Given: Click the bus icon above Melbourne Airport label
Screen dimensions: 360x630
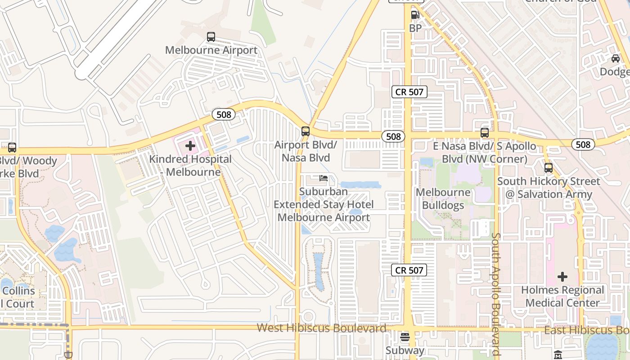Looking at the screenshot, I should click(x=211, y=37).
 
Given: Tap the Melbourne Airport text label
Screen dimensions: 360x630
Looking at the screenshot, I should click(x=211, y=50).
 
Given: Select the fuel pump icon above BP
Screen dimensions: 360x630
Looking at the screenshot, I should click(x=415, y=15).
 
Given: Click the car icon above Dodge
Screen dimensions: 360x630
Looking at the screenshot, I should click(x=615, y=58).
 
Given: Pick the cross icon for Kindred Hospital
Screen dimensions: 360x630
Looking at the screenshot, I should click(x=190, y=146).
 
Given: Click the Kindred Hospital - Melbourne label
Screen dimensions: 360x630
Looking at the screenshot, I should click(x=190, y=165).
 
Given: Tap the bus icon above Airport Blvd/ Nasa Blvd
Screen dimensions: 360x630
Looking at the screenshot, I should click(x=306, y=131).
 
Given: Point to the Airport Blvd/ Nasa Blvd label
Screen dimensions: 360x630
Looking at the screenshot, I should click(x=306, y=151).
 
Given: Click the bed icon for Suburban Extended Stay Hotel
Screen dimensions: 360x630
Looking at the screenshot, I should click(x=324, y=178).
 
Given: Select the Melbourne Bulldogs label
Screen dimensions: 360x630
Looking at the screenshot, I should click(x=443, y=199).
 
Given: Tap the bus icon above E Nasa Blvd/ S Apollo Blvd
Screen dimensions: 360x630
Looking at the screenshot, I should click(x=485, y=133).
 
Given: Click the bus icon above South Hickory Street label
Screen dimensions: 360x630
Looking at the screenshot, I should click(x=549, y=168).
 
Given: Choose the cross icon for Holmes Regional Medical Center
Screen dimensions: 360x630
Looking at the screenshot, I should click(x=562, y=276).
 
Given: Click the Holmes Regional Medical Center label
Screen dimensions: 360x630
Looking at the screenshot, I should click(x=562, y=296).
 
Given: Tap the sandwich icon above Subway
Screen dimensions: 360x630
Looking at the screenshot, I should click(x=405, y=337).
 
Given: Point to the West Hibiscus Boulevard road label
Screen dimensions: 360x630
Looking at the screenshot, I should click(x=321, y=328).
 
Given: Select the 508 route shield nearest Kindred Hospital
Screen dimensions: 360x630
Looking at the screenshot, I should click(x=224, y=114).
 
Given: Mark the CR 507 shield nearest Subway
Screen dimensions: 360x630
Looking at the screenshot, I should click(x=409, y=270).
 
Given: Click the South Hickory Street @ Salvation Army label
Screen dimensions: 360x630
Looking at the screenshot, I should click(x=549, y=188).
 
